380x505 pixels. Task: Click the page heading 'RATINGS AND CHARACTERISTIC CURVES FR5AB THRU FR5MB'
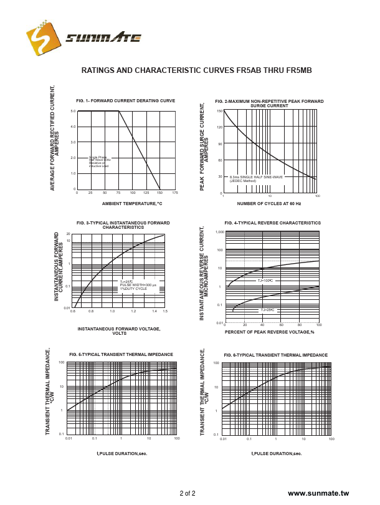point(196,70)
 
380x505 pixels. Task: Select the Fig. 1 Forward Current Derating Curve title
point(125,100)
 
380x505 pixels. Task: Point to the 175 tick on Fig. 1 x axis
point(175,193)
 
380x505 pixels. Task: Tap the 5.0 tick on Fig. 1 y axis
point(73,111)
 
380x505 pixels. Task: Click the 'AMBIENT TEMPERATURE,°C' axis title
point(131,203)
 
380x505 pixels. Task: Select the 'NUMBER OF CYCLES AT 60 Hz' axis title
point(269,203)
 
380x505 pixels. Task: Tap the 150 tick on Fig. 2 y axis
point(219,111)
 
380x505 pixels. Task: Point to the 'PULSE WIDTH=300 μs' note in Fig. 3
point(138,285)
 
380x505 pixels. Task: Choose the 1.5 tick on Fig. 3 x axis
point(165,310)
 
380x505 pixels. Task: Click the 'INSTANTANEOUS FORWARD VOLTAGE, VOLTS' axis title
point(118,330)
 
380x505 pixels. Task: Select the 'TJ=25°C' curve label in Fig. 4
point(268,310)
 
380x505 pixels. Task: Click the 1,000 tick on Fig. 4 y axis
point(219,232)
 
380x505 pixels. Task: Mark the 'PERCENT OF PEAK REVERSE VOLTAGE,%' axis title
point(269,332)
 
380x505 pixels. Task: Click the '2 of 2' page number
point(188,494)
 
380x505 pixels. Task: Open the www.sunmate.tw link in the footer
point(318,493)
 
